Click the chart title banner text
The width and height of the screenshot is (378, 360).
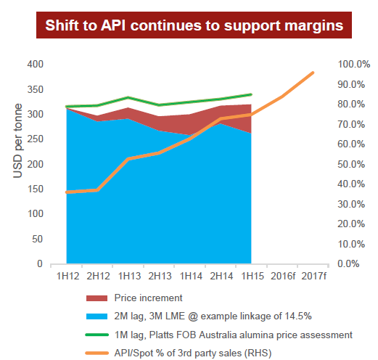tap(194, 25)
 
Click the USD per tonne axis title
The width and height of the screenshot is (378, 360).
tap(17, 141)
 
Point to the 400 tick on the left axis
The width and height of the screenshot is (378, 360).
tap(35, 64)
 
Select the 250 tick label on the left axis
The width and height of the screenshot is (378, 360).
tap(35, 139)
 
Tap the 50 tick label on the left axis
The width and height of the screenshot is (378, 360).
tap(38, 239)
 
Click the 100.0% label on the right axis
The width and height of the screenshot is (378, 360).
tap(354, 64)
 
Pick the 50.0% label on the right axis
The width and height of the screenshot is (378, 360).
tap(351, 164)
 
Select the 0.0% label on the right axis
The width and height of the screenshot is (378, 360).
tap(348, 263)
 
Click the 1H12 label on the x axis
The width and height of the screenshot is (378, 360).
tap(67, 276)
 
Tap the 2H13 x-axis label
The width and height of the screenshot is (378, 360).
tap(160, 276)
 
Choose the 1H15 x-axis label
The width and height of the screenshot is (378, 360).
tap(252, 276)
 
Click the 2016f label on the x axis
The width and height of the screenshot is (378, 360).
tap(283, 276)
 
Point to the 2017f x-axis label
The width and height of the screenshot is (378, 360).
tap(313, 276)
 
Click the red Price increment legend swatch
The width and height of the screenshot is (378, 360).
tap(96, 298)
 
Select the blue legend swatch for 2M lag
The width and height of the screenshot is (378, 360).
tap(96, 316)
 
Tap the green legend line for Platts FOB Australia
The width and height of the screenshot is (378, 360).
tap(96, 335)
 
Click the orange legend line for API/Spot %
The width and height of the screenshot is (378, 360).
tap(96, 353)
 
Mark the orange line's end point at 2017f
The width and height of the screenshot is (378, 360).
tap(313, 73)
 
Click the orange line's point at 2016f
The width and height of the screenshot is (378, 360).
tap(282, 97)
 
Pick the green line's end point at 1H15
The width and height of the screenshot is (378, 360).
tap(251, 94)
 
